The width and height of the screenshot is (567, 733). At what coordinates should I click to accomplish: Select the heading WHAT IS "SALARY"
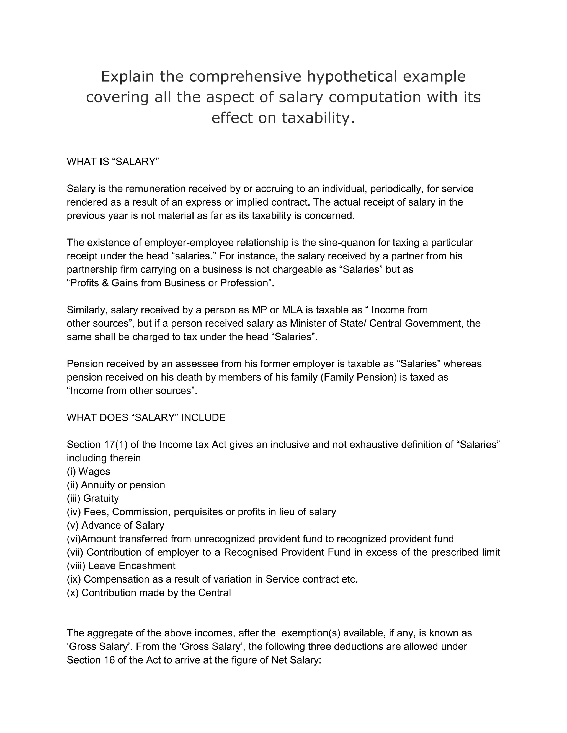click(x=112, y=162)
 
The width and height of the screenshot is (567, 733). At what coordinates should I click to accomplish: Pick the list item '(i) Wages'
click(x=88, y=472)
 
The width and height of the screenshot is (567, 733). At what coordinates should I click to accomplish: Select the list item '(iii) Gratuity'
click(x=93, y=498)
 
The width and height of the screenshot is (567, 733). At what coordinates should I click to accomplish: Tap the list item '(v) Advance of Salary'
click(x=115, y=525)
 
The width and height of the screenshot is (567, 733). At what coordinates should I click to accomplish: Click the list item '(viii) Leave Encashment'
click(x=121, y=566)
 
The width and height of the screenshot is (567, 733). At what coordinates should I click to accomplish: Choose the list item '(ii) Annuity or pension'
click(x=116, y=485)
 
